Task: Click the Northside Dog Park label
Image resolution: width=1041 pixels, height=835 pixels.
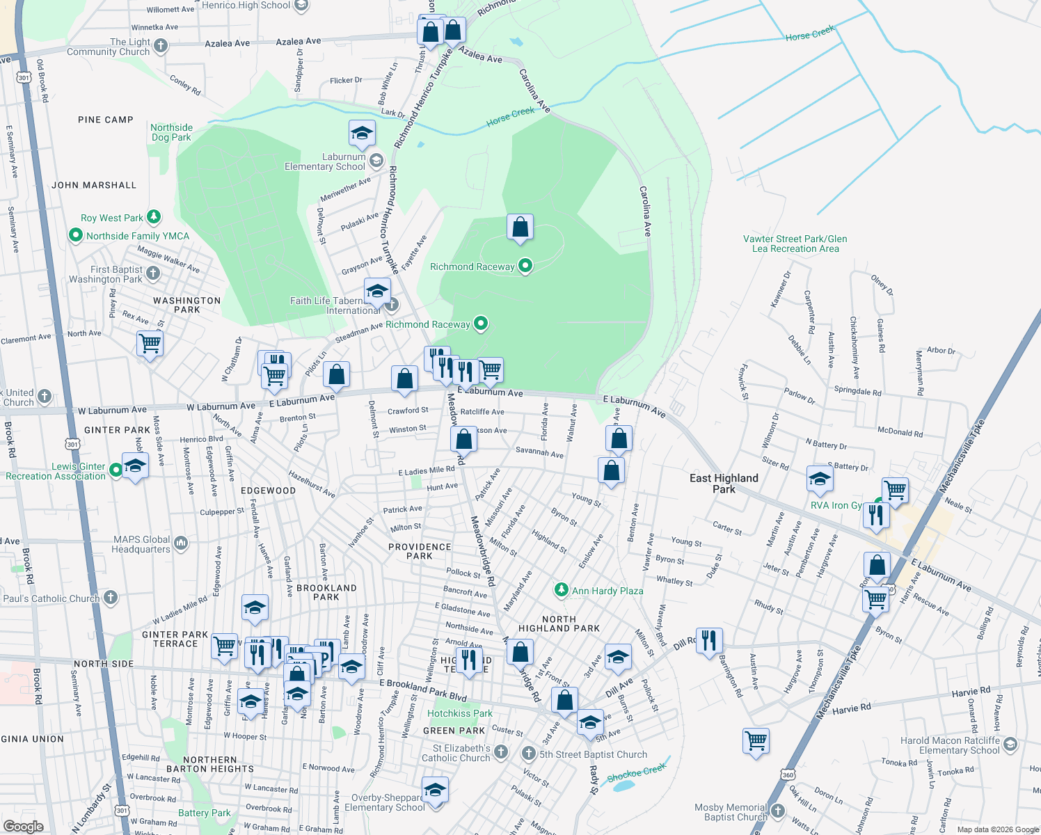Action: pos(171,132)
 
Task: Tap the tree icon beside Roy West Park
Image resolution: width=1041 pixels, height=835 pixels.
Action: pos(154,218)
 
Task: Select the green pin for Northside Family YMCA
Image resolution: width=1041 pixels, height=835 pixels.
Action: pos(76,236)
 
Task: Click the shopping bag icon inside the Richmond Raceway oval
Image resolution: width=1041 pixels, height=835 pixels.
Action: pos(520,228)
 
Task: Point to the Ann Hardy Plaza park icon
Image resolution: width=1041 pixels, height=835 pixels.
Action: pos(561,590)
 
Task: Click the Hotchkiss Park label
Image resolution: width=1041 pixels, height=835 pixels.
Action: pos(459,713)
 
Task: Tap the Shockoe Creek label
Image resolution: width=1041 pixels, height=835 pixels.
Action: pos(637,772)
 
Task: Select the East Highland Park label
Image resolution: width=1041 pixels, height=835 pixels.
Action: pos(724,483)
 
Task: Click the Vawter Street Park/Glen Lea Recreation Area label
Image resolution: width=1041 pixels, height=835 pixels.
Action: pos(795,244)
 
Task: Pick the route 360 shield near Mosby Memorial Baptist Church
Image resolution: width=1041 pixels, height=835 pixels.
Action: pos(787,774)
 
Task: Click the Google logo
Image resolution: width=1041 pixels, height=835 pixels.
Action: pos(23,826)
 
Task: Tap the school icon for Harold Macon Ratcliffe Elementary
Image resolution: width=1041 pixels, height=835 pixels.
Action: pos(1010,745)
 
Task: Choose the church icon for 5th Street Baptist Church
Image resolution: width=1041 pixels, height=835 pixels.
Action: pos(529,754)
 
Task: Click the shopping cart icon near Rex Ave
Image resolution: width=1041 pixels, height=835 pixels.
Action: pos(150,343)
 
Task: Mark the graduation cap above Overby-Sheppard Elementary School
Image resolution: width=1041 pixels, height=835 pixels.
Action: pos(435,790)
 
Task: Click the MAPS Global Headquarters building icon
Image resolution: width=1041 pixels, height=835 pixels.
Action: pos(181,543)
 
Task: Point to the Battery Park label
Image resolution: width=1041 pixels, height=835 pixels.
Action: pos(204,813)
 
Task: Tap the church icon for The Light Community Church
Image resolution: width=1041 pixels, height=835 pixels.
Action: pos(161,46)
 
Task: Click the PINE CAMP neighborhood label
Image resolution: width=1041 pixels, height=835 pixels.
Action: pos(106,120)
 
